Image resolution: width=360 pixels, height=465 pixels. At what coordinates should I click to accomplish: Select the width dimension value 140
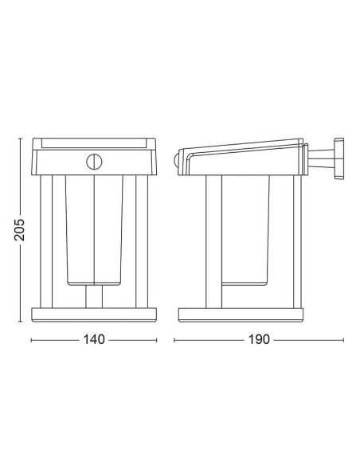(94, 340)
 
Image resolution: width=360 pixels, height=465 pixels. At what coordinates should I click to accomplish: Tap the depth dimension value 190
(260, 340)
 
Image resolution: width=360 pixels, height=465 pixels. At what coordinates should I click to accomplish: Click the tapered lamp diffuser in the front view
(94, 231)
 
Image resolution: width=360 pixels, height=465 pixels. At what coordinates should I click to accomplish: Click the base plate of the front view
(94, 315)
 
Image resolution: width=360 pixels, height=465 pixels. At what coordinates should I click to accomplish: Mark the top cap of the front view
(94, 143)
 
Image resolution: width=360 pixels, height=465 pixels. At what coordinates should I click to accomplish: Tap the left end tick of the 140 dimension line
(30, 340)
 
